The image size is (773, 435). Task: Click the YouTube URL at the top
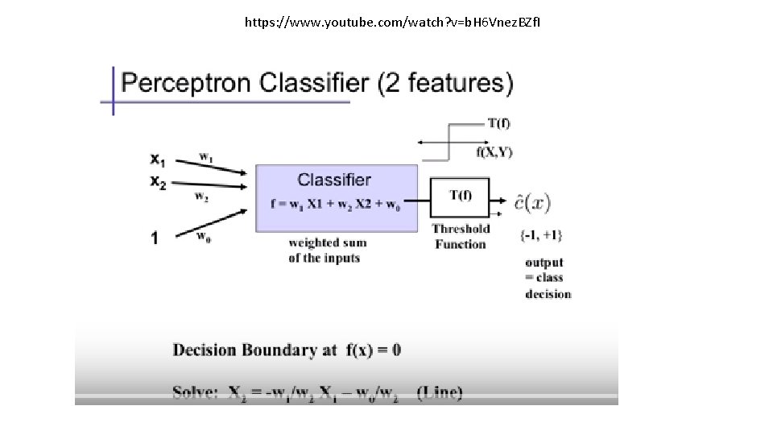point(393,22)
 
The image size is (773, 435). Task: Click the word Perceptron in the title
point(186,82)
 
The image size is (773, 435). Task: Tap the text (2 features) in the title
point(445,82)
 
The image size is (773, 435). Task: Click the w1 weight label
point(206,156)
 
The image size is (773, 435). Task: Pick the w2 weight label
point(201,196)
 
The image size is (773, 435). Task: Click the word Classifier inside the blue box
point(334,180)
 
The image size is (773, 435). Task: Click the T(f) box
point(460,196)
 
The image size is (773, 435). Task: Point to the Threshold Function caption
point(461,236)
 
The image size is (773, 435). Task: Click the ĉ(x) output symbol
point(533,202)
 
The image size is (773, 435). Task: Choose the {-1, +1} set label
point(541,235)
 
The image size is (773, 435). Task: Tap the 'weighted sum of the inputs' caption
point(327,250)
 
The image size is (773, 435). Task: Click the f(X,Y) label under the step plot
point(494,151)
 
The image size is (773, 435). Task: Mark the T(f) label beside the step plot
point(498,123)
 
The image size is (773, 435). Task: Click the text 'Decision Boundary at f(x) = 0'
point(287,350)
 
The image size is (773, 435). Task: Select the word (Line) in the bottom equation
point(440,393)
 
